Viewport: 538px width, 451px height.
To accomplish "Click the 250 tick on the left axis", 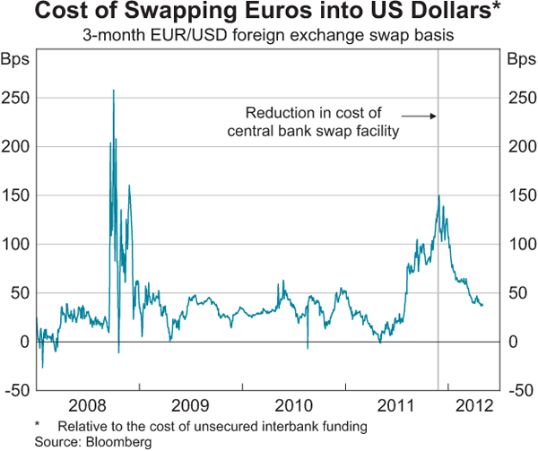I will [x=17, y=97].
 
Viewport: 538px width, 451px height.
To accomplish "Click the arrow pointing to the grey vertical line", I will [x=418, y=116].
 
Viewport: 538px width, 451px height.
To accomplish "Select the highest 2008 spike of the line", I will [x=113, y=90].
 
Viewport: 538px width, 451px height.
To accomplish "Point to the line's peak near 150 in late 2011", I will [x=438, y=195].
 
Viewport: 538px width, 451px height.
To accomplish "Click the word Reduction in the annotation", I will [x=277, y=113].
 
